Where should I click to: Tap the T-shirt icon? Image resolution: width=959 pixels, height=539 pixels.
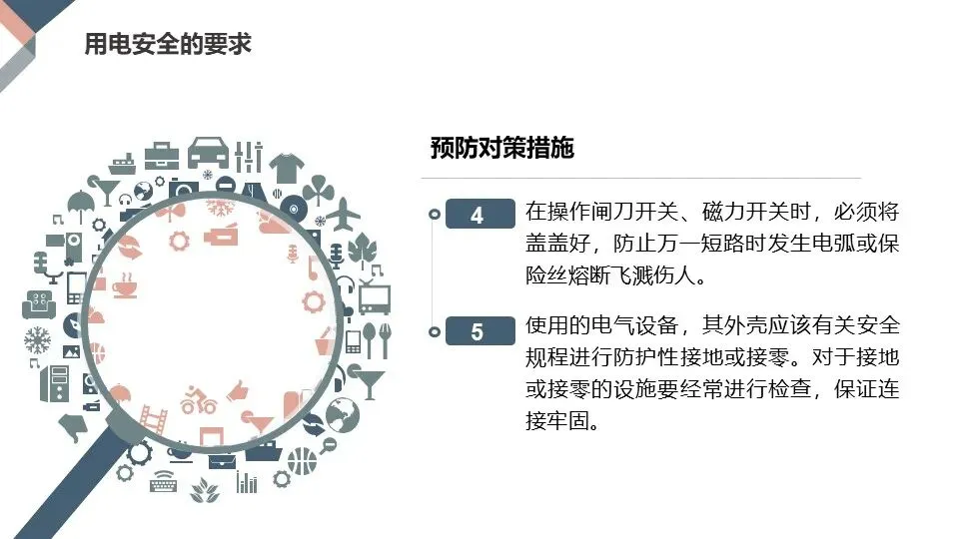(x=286, y=166)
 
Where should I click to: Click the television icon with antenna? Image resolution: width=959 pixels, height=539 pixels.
(x=374, y=297)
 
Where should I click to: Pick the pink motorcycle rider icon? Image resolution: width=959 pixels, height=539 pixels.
(x=198, y=401)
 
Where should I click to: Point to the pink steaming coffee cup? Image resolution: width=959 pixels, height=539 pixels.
(x=126, y=286)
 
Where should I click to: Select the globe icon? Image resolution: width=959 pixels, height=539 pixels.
(x=342, y=413)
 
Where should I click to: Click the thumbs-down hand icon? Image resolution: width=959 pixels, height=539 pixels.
(x=72, y=427)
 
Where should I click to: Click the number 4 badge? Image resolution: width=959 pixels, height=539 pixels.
(x=477, y=215)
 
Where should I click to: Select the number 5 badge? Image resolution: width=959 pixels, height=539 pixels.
(x=477, y=331)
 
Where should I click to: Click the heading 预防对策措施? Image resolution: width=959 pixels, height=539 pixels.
(x=501, y=148)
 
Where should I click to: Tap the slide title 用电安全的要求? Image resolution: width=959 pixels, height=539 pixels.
(x=167, y=45)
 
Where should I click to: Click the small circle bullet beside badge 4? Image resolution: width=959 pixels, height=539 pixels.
(x=433, y=214)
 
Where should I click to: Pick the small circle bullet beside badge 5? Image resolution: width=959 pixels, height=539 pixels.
(x=433, y=331)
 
